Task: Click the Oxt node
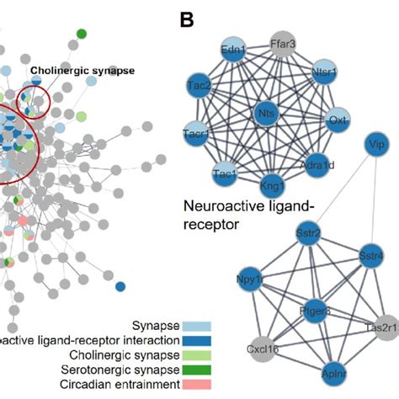click(337, 119)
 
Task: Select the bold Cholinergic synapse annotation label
click(82, 72)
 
